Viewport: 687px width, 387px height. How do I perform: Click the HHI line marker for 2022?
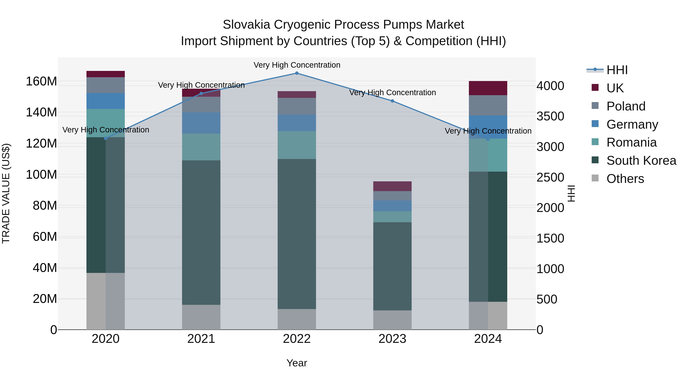pyautogui.click(x=297, y=73)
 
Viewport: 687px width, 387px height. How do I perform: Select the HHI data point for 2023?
pyautogui.click(x=392, y=101)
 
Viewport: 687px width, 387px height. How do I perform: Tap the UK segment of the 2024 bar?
pyautogui.click(x=488, y=88)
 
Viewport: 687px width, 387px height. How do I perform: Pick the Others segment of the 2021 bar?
pyautogui.click(x=201, y=317)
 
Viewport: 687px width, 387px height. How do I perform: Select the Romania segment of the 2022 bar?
pyautogui.click(x=297, y=145)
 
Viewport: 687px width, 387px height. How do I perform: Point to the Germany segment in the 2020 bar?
pyautogui.click(x=106, y=101)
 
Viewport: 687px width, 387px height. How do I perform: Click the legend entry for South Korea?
pyautogui.click(x=641, y=161)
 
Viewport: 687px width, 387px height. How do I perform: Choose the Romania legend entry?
pyautogui.click(x=631, y=142)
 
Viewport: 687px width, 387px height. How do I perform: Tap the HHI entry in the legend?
pyautogui.click(x=617, y=70)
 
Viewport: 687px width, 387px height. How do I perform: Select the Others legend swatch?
pyautogui.click(x=595, y=178)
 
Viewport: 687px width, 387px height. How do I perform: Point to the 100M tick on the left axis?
pyautogui.click(x=41, y=175)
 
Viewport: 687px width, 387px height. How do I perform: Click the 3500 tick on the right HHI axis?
pyautogui.click(x=550, y=116)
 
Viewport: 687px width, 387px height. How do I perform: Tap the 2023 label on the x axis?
pyautogui.click(x=392, y=339)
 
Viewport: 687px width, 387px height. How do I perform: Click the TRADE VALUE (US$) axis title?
pyautogui.click(x=6, y=193)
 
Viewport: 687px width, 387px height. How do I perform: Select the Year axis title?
pyautogui.click(x=297, y=363)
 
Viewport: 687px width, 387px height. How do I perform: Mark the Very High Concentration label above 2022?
pyautogui.click(x=297, y=65)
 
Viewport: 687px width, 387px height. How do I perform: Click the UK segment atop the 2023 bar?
pyautogui.click(x=392, y=186)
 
